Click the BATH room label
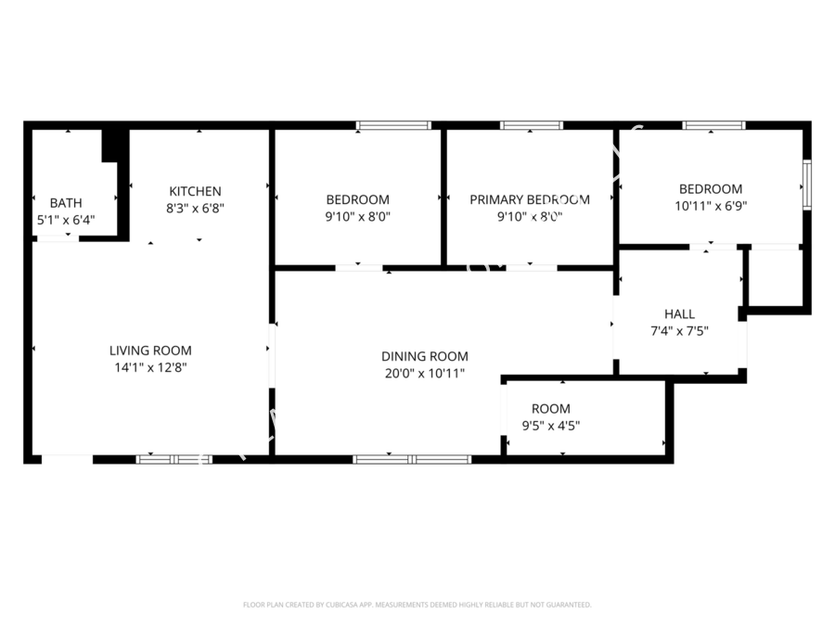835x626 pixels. pos(66,202)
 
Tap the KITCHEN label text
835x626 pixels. pos(195,192)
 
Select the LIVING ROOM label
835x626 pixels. pos(150,351)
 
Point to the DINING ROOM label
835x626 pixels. pos(425,356)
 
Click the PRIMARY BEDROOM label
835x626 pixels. pos(529,199)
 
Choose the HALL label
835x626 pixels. pos(679,314)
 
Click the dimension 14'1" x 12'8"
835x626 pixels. pos(150,367)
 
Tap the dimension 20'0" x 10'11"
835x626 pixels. pos(425,373)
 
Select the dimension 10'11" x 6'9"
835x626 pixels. pos(710,205)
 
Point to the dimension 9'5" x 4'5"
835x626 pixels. pos(551,426)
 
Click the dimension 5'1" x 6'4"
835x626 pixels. pos(66,220)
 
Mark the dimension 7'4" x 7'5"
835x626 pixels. pos(679,331)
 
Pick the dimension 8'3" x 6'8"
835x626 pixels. pos(195,209)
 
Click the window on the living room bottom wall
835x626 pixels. pos(174,458)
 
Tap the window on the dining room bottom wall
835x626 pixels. pos(413,458)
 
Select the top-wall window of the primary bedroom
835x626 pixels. pos(532,125)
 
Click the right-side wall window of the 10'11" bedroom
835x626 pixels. pos(806,183)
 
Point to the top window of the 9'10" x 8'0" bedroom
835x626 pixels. pos(394,125)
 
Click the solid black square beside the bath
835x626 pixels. pos(111,145)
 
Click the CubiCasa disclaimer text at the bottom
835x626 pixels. pos(417,605)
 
